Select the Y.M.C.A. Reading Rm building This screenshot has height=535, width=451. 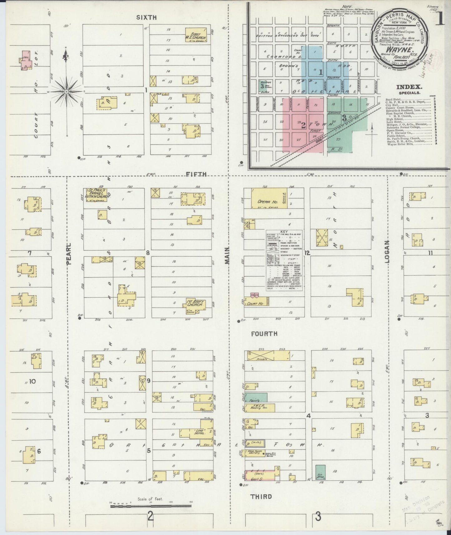point(260,408)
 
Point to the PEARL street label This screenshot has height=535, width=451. point(69,254)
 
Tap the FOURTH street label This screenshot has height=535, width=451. point(264,334)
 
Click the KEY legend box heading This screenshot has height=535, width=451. point(284,232)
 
